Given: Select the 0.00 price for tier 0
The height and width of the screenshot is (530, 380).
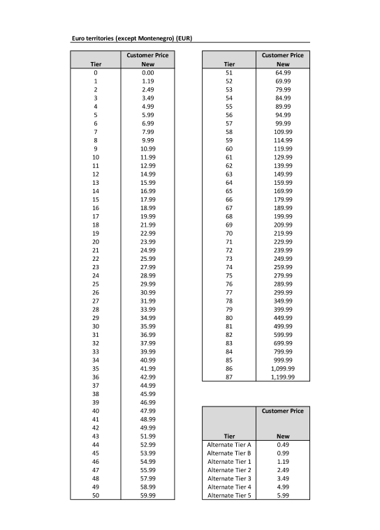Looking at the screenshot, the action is click(x=147, y=73).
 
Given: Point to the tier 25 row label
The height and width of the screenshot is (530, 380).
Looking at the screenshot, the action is click(x=95, y=284).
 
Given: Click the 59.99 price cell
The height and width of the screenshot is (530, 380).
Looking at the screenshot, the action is click(x=147, y=495).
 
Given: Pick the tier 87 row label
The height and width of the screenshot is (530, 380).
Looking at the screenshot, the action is click(x=229, y=377).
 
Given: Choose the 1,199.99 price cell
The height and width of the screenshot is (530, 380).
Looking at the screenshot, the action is click(x=283, y=377).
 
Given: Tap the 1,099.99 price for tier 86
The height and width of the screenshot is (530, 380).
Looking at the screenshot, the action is click(x=283, y=368).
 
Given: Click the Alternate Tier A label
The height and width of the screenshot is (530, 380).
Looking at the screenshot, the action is click(x=229, y=444).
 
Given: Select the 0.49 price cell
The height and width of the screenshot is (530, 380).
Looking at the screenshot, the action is click(x=283, y=444).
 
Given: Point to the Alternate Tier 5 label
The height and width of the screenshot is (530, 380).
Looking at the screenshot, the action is click(x=229, y=495).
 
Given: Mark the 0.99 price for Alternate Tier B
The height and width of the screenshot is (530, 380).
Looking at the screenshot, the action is click(x=283, y=453).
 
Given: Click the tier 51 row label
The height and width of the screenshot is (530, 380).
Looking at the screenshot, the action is click(x=229, y=73).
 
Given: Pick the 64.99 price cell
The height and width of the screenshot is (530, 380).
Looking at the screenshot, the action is click(x=283, y=73).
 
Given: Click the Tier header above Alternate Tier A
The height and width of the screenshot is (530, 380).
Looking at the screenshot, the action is click(x=229, y=436).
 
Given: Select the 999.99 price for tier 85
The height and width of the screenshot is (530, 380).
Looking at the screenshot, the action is click(x=283, y=360).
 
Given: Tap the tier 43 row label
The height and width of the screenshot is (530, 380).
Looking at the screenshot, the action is click(x=95, y=436).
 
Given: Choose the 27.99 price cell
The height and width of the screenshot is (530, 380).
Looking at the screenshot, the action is click(x=147, y=267).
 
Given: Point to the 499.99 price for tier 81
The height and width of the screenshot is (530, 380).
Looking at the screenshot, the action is click(x=283, y=326).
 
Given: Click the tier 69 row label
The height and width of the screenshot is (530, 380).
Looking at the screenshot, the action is click(x=229, y=225).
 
